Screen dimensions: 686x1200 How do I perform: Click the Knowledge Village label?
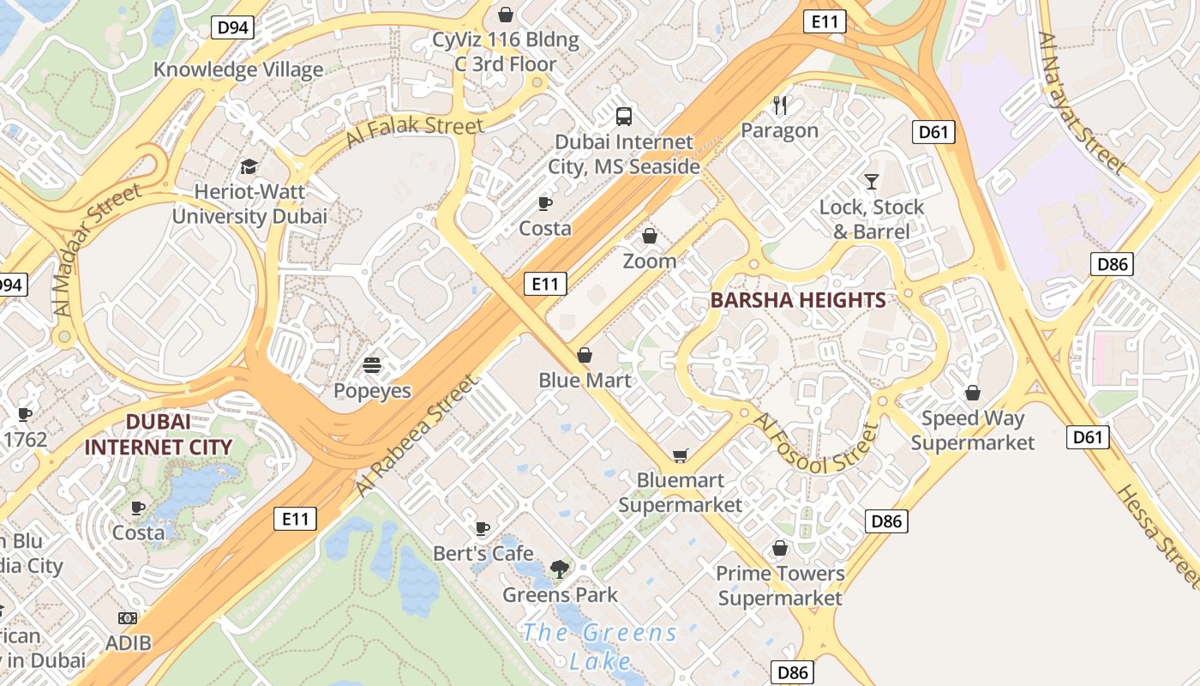pos(238,69)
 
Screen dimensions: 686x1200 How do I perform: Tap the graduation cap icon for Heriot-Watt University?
pos(249,166)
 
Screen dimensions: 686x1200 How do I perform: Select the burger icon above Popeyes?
pos(372,365)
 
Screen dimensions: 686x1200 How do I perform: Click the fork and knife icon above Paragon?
pos(780,105)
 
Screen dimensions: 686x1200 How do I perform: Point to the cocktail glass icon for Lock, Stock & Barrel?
pos(872,182)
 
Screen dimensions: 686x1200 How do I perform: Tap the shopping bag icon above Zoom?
pos(650,236)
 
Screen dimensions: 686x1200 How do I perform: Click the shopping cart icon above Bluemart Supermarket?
pos(681,455)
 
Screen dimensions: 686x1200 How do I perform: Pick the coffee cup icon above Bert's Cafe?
pos(483,528)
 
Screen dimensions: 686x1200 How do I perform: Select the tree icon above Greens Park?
pos(560,569)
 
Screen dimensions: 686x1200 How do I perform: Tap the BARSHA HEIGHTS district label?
pos(798,300)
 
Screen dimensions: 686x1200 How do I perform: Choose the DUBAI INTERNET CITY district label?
pos(159,434)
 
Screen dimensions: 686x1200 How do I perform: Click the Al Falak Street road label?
pos(415,132)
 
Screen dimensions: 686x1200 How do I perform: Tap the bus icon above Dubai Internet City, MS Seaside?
pos(624,116)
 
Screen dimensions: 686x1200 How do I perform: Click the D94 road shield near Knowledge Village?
pos(232,27)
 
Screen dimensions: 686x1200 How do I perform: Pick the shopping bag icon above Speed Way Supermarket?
pos(973,393)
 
